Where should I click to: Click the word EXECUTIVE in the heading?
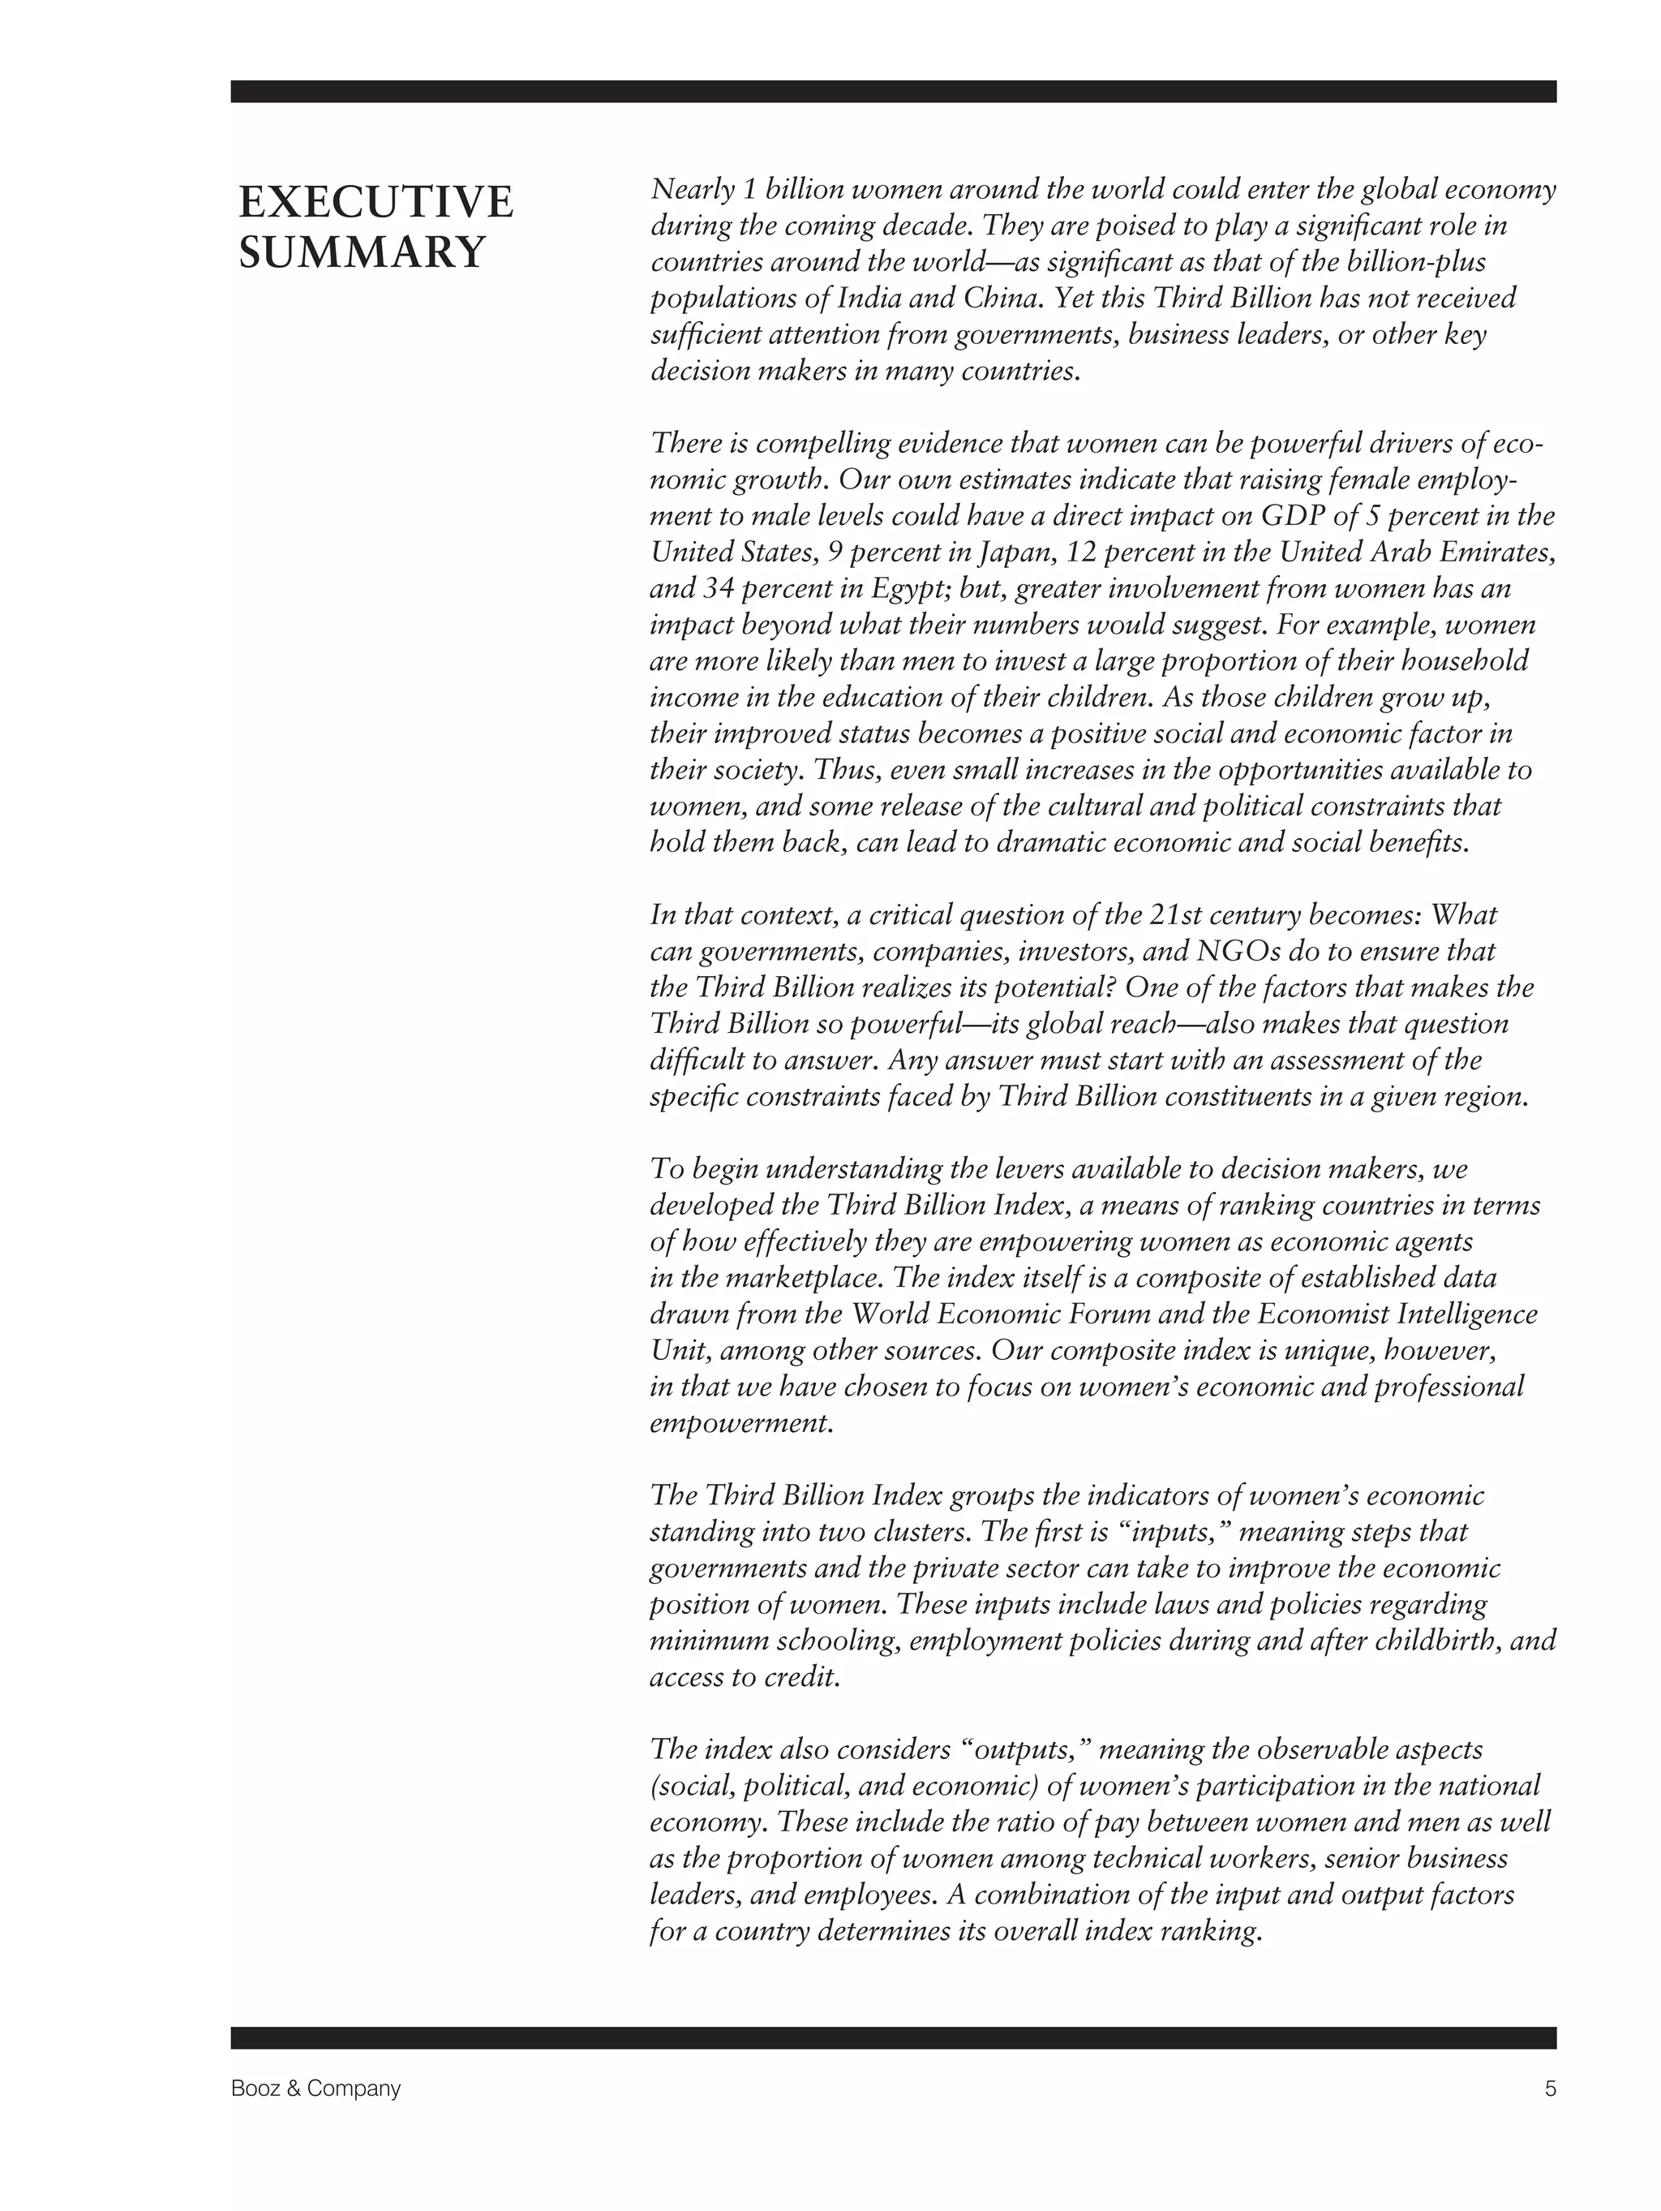click(x=376, y=203)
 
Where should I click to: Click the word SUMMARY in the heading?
click(x=362, y=252)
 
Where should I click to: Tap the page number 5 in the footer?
click(x=1550, y=2088)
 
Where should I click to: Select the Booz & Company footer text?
click(x=315, y=2088)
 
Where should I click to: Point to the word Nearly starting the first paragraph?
click(x=688, y=190)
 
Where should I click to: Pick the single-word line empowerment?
click(x=740, y=1422)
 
